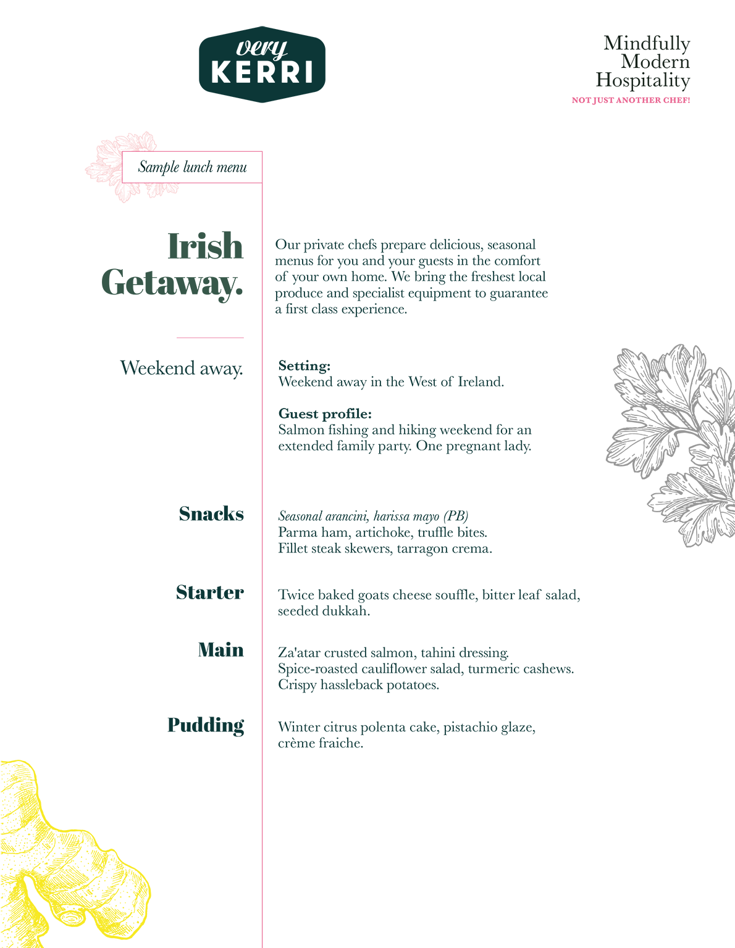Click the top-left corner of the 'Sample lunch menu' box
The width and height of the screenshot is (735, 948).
coord(122,152)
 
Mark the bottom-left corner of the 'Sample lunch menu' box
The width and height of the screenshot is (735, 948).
coord(122,182)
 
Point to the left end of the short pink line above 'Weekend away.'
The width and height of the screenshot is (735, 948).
coord(177,338)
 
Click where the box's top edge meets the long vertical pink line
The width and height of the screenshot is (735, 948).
coord(262,152)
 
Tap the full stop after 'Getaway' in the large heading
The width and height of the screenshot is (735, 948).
coord(239,292)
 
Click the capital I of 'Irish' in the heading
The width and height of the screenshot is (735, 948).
coord(174,246)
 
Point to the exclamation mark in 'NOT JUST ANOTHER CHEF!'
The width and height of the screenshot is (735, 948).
coord(688,100)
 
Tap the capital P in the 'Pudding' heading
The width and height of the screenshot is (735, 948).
coord(175,725)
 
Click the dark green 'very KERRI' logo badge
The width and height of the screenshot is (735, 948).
coord(262,65)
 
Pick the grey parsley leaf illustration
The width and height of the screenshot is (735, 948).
coord(670,445)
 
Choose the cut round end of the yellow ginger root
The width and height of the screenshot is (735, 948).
coord(72,916)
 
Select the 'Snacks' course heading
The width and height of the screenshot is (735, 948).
coord(211,514)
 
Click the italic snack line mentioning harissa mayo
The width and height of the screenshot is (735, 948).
coord(373,517)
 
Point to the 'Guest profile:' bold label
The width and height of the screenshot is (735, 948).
coord(325,414)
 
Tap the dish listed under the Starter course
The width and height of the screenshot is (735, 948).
coord(429,603)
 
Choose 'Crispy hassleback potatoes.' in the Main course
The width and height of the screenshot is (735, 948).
coord(358,685)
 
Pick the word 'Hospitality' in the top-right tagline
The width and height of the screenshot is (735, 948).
coord(643,81)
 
